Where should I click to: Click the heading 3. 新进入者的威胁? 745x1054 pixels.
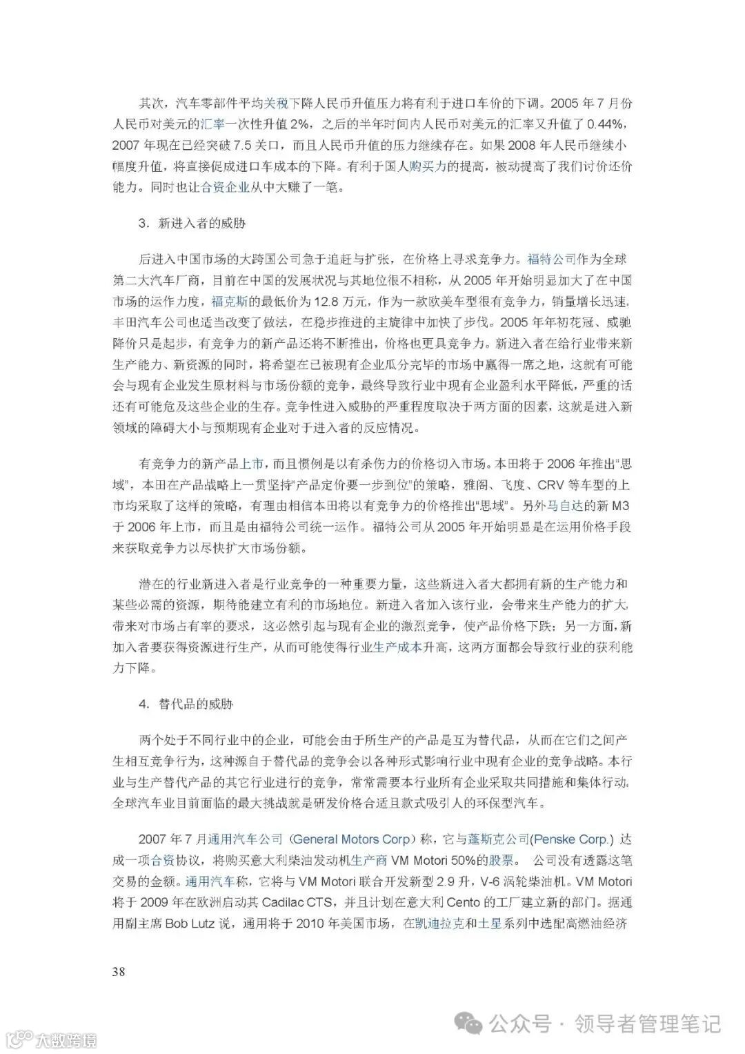coord(192,224)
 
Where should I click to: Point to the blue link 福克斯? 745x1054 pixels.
coord(229,302)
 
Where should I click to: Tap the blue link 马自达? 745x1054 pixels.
coord(565,505)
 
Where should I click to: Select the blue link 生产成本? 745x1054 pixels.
coord(397,647)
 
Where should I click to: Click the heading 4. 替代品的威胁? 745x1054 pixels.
coord(186,705)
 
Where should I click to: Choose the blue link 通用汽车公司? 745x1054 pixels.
coord(246,839)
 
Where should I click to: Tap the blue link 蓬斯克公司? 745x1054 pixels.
coord(498,839)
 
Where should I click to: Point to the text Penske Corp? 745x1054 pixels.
coord(572,839)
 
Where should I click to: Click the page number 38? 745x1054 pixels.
coord(119,972)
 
